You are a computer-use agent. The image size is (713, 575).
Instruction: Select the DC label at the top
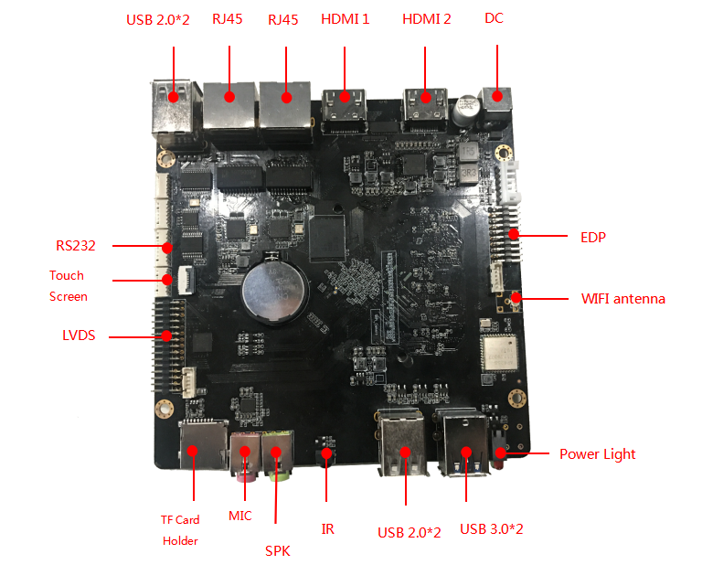(x=494, y=18)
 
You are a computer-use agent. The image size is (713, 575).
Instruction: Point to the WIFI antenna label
(x=623, y=299)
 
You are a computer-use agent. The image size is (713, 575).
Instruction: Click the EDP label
(x=593, y=238)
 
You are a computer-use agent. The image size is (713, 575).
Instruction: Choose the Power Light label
(x=597, y=454)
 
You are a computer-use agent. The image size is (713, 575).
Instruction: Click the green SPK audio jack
(x=278, y=455)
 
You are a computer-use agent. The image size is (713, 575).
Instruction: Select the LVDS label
(x=79, y=336)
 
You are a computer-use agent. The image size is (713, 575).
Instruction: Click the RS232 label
(x=75, y=246)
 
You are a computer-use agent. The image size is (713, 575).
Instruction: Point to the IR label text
(x=327, y=528)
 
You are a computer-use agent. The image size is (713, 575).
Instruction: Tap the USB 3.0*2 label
(x=491, y=529)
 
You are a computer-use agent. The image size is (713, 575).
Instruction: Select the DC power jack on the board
(x=495, y=101)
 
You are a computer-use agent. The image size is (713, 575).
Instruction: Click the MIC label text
(x=239, y=516)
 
